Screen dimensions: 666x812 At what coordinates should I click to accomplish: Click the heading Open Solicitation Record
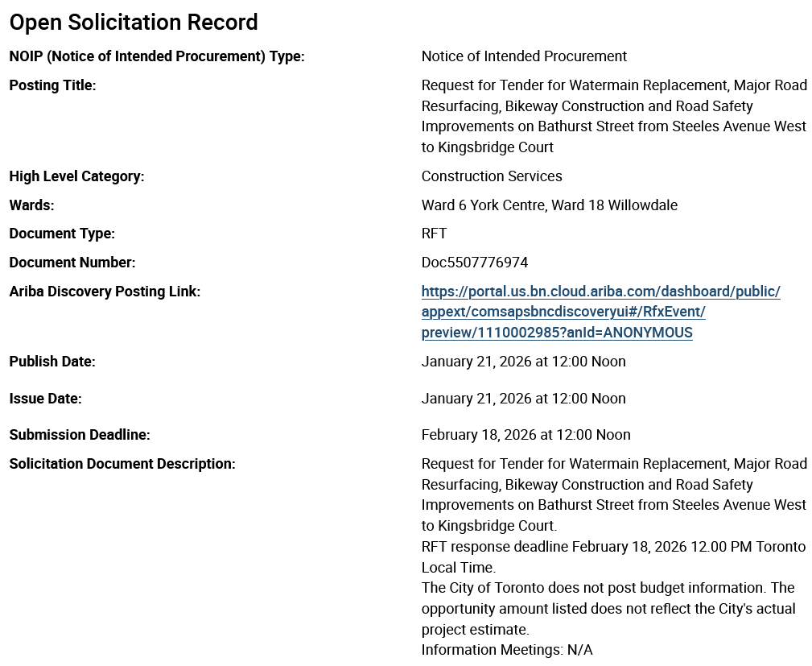point(134,23)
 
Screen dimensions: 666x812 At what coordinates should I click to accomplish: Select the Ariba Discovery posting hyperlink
point(600,312)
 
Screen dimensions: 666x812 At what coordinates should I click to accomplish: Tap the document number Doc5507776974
point(475,263)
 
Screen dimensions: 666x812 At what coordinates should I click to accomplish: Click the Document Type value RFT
point(434,234)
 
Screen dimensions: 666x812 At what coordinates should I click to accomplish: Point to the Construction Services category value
point(492,176)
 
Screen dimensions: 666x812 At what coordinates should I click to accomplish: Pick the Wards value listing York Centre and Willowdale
point(549,205)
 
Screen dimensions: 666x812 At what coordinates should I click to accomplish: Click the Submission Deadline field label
point(80,435)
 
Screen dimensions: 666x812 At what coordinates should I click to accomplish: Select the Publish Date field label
point(52,362)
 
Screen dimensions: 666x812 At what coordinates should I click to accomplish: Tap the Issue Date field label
point(45,399)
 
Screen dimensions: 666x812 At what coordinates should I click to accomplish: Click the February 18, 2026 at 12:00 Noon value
point(526,435)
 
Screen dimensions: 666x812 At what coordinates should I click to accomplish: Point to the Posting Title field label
point(52,85)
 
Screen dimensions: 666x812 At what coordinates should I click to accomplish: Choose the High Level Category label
point(76,176)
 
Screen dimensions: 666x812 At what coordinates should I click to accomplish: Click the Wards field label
point(31,205)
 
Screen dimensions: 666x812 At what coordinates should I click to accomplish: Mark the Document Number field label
point(72,263)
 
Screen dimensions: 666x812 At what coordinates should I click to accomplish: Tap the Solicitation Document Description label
point(122,464)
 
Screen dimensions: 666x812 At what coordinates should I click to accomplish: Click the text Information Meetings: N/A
point(507,650)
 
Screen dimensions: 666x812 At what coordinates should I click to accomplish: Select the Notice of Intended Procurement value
point(524,56)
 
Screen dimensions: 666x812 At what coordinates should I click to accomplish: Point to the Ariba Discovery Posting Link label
point(105,292)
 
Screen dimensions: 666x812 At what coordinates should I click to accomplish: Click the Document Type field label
point(62,234)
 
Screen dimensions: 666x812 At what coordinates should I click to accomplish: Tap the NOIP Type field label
point(157,56)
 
